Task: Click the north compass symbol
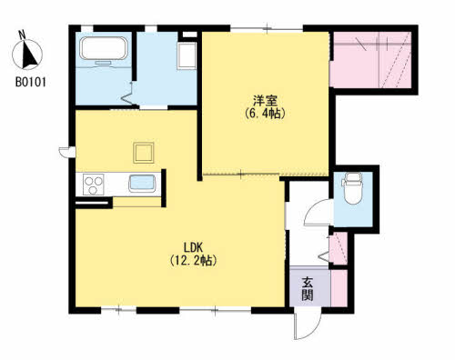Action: pyautogui.click(x=27, y=55)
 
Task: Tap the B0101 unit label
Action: pyautogui.click(x=31, y=83)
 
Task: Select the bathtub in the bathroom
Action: pyautogui.click(x=104, y=48)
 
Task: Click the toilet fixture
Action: pyautogui.click(x=352, y=188)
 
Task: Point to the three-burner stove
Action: pyautogui.click(x=94, y=185)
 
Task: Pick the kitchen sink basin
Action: pyautogui.click(x=142, y=184)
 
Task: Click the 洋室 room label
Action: pyautogui.click(x=266, y=100)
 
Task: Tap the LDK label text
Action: pyautogui.click(x=193, y=247)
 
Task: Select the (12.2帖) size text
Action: pyautogui.click(x=193, y=260)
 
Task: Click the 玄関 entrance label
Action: pyautogui.click(x=308, y=288)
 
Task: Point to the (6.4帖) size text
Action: pyautogui.click(x=265, y=113)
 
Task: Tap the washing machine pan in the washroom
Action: pyautogui.click(x=187, y=56)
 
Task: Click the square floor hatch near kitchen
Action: pyautogui.click(x=144, y=153)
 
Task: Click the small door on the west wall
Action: pyautogui.click(x=67, y=152)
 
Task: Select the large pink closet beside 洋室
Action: pyautogui.click(x=370, y=60)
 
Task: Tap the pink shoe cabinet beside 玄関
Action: pyautogui.click(x=339, y=288)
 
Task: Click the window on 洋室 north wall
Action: pyautogui.click(x=267, y=28)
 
